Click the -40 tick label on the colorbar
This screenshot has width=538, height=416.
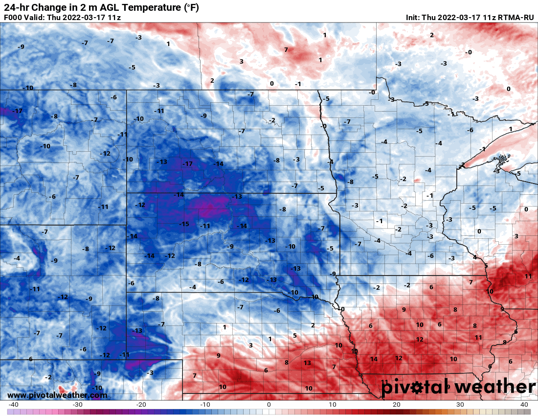click(x=14, y=405)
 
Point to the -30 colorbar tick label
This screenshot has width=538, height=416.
click(x=77, y=405)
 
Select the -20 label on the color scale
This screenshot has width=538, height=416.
click(x=141, y=405)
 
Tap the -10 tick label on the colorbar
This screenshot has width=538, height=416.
click(x=205, y=405)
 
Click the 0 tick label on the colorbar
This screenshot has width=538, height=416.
click(x=269, y=405)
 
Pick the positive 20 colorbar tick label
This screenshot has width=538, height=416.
click(x=396, y=405)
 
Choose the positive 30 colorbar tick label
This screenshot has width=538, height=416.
click(x=460, y=405)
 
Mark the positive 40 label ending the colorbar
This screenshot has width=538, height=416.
click(x=524, y=405)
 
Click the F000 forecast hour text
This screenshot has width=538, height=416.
click(x=13, y=18)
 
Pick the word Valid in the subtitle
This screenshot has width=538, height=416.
click(x=36, y=18)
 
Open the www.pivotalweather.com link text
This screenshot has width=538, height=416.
click(x=57, y=395)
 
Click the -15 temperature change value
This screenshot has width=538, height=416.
click(x=184, y=224)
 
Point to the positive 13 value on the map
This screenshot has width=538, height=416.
click(x=307, y=363)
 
